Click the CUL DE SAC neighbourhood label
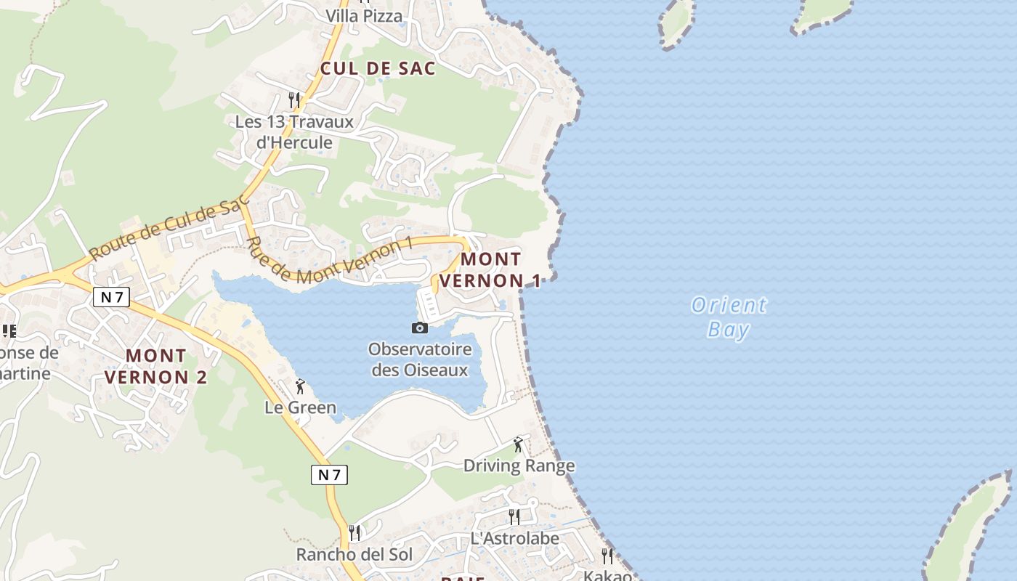point(378,69)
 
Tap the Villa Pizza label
point(363,16)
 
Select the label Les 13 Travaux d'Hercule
point(294,132)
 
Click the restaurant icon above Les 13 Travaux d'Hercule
point(294,99)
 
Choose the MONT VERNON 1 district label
point(491,269)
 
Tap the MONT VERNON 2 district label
point(156,366)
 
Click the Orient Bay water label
point(728,317)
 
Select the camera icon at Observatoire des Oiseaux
point(420,328)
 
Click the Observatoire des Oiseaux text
point(420,359)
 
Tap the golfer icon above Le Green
point(300,386)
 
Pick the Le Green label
point(300,407)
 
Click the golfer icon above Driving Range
point(518,444)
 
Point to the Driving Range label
point(519,466)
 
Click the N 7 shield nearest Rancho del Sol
point(329,475)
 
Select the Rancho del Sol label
point(354,555)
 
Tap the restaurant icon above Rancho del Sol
point(354,533)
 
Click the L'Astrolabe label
point(514,539)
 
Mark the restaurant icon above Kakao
point(607,556)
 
